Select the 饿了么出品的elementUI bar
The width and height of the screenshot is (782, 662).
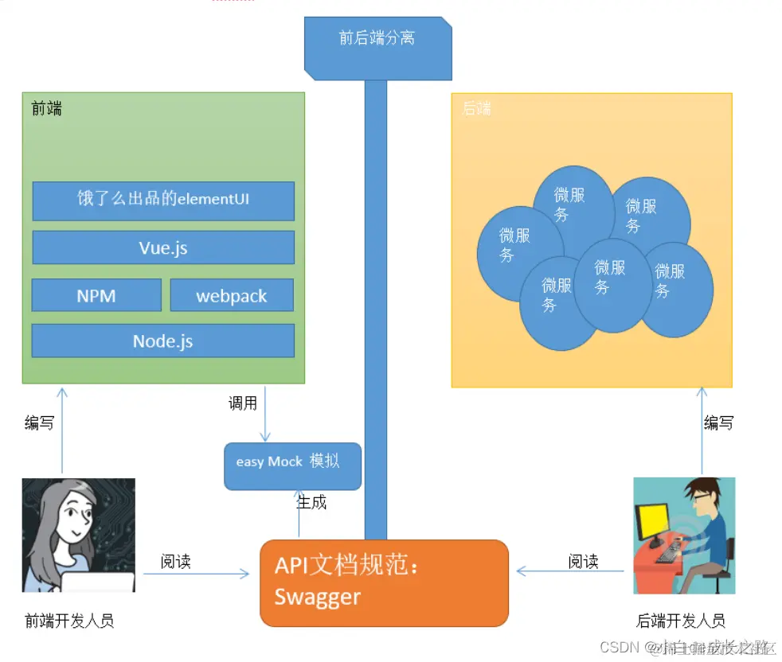click(x=163, y=200)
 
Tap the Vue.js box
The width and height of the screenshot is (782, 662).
click(x=163, y=247)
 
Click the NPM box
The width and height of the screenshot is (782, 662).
click(x=96, y=295)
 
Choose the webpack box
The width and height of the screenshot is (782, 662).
click(x=232, y=295)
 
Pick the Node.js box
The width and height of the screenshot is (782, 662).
click(x=163, y=341)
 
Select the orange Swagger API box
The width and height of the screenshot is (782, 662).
click(x=384, y=582)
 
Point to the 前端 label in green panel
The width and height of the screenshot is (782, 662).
click(x=46, y=108)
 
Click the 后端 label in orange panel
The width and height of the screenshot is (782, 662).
click(x=476, y=108)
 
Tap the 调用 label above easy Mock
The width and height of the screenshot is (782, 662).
click(x=243, y=403)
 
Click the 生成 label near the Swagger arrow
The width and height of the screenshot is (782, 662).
click(x=311, y=503)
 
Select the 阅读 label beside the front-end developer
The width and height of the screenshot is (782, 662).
click(x=176, y=562)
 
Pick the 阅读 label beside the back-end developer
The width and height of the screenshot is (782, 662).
click(x=583, y=562)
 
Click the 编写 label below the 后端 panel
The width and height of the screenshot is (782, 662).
click(x=718, y=423)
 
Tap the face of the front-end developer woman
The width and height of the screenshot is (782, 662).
click(x=72, y=522)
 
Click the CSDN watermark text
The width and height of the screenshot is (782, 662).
click(x=620, y=647)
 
